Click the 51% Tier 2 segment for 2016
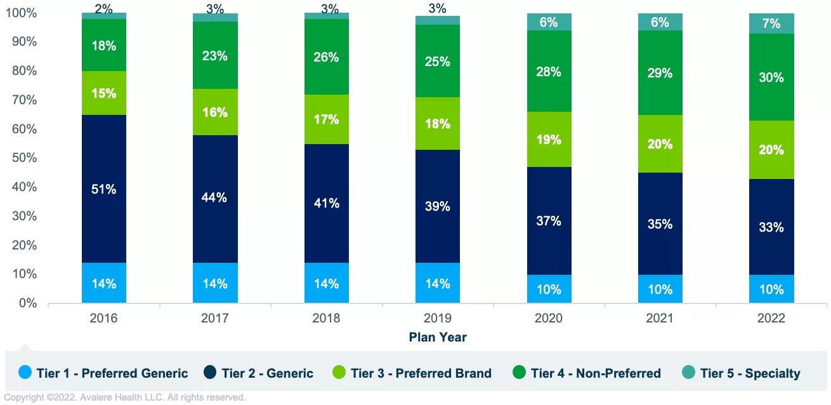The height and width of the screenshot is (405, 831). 104,189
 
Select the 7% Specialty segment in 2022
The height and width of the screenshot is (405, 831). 771,23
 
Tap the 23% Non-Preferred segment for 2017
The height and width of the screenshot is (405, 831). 215,55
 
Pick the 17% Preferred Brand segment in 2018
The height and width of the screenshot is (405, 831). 326,119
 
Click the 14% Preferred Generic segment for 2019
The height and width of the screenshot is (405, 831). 438,283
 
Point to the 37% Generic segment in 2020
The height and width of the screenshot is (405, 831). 549,221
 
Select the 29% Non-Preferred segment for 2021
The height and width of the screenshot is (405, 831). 660,73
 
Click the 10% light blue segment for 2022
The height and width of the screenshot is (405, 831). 771,289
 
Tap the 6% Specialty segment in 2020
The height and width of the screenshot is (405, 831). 549,22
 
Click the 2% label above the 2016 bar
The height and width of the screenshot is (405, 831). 104,8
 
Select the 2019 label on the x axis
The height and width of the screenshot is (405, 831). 438,318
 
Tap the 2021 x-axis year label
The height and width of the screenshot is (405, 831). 660,318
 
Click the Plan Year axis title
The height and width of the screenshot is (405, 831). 438,337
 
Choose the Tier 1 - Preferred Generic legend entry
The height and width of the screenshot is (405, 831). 104,373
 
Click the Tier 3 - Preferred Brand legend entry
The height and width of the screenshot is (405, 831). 412,373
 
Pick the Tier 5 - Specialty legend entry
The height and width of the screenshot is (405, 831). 741,373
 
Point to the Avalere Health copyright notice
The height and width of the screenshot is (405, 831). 124,398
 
